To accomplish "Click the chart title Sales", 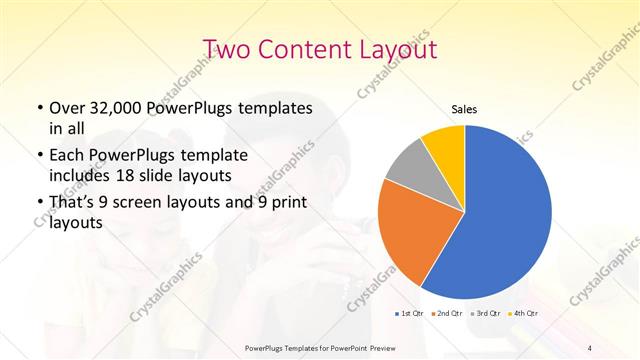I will click(464, 109).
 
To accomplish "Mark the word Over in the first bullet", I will click(65, 107).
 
